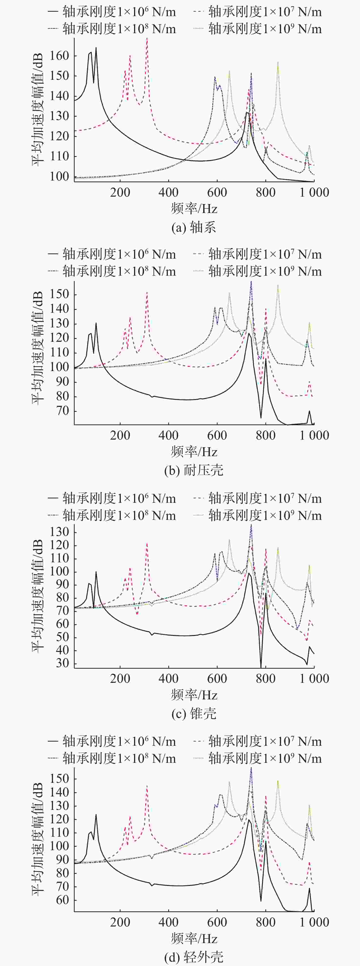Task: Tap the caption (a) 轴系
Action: point(193,227)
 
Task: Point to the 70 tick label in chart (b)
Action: point(62,411)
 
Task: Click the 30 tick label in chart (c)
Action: point(62,663)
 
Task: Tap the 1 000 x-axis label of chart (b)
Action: point(314,435)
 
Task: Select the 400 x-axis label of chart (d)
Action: point(168,922)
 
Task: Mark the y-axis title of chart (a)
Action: point(38,110)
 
